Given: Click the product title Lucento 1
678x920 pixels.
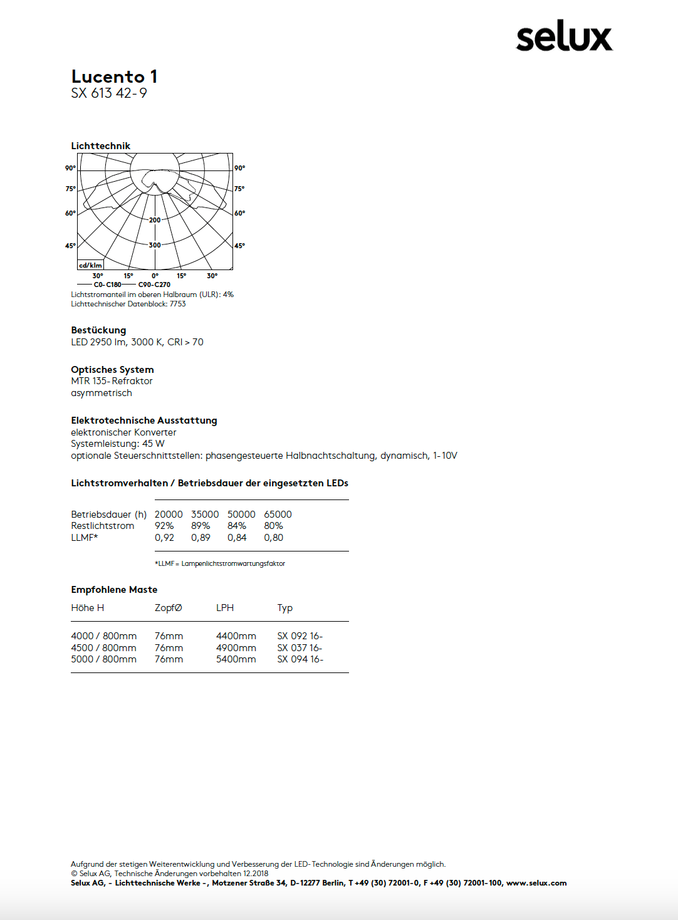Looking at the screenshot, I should tap(114, 76).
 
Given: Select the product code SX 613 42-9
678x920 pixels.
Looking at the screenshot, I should tap(109, 93).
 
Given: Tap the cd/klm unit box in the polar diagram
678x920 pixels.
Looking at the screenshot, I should tap(90, 265).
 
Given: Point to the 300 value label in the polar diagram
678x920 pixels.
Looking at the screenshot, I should tap(155, 245).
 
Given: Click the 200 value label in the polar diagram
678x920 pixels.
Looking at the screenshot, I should tap(155, 220).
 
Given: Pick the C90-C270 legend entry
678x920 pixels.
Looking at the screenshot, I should tap(154, 285).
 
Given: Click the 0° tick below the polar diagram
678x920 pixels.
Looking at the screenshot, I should tap(155, 276).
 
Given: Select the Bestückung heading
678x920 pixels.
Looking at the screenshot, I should tap(98, 330).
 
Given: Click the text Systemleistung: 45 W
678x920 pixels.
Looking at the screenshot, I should tap(118, 444).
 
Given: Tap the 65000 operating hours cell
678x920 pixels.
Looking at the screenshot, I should tap(278, 515).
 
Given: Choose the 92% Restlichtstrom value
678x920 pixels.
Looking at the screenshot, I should tap(164, 526).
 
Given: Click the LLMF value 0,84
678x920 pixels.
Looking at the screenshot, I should tap(237, 538).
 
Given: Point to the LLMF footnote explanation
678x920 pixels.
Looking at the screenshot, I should tap(220, 564).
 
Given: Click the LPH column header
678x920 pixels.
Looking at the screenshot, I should tap(225, 608).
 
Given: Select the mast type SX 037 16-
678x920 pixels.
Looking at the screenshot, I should tap(300, 648).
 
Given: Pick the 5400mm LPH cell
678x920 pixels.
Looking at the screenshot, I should tap(236, 659).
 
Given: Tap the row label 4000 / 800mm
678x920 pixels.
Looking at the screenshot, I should tap(103, 636).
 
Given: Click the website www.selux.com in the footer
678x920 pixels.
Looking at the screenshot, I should tap(536, 883).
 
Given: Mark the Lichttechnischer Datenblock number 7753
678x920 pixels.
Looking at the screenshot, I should tap(177, 304).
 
